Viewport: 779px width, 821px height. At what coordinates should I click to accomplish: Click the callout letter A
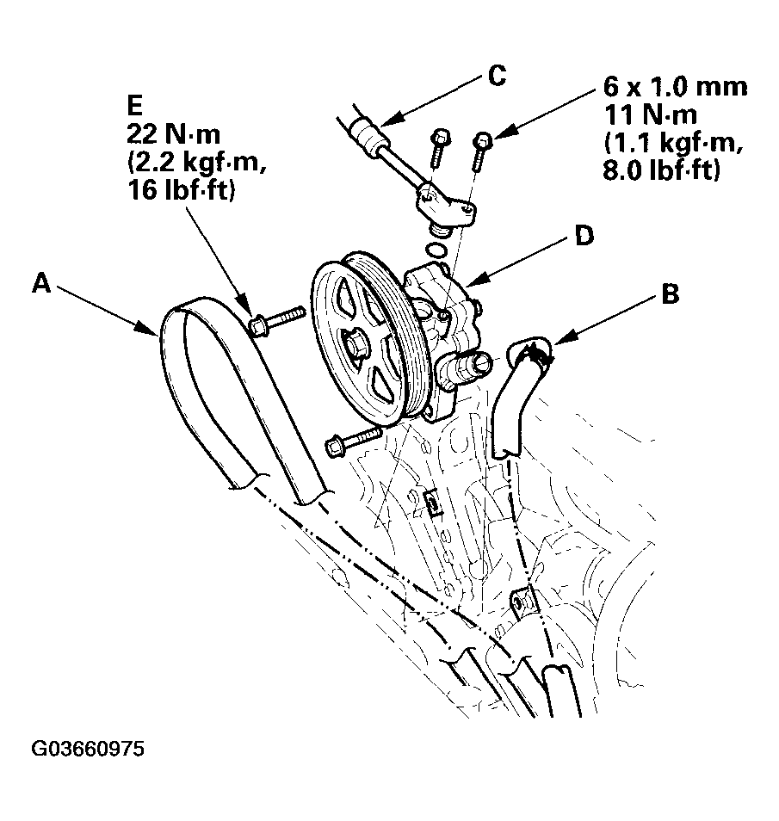tap(40, 282)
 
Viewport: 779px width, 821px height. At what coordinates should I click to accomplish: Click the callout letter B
tap(670, 294)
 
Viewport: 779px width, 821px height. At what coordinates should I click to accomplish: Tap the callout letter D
tap(585, 236)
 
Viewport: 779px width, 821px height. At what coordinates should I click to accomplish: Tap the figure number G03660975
tap(89, 749)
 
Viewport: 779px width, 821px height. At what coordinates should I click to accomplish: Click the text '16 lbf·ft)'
tap(179, 191)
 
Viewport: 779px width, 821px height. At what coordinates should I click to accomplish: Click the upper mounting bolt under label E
tap(275, 320)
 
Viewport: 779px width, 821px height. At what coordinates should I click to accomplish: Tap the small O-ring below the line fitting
tap(437, 250)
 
